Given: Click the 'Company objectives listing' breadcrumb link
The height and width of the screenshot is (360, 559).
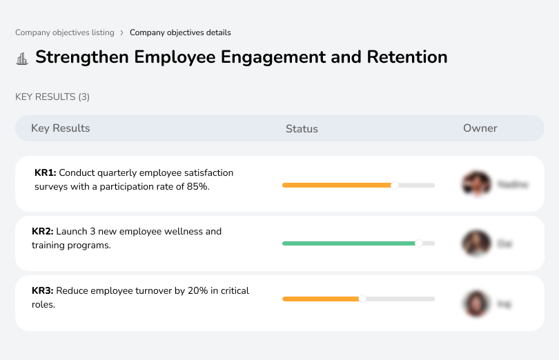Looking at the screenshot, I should tap(65, 32).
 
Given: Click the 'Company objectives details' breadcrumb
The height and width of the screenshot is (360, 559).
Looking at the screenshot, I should tap(180, 32).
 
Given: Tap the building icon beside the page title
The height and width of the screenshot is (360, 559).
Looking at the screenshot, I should tap(22, 58).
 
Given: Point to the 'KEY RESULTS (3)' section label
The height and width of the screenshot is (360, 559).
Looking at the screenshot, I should tap(52, 97).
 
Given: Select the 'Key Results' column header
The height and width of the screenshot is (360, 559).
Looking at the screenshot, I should tap(60, 128).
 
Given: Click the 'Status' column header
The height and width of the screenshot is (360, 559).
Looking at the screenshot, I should tap(302, 129).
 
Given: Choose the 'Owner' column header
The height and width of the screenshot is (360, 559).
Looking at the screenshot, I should tap(480, 128).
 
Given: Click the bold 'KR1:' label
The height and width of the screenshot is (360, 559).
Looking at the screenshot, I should tap(45, 173).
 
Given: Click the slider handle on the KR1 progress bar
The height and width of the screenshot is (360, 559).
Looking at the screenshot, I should tap(395, 185).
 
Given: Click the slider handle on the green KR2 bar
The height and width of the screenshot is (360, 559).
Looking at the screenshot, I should tap(418, 243).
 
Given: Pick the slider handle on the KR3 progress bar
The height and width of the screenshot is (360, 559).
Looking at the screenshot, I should tap(362, 299).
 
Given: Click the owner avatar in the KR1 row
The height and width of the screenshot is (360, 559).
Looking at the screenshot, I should tap(476, 184).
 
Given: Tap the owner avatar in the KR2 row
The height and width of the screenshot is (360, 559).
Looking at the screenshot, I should tap(476, 243).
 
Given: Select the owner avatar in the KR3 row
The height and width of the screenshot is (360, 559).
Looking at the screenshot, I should tap(476, 303).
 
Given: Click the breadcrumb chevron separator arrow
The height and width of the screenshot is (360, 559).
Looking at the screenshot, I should tap(122, 32).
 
